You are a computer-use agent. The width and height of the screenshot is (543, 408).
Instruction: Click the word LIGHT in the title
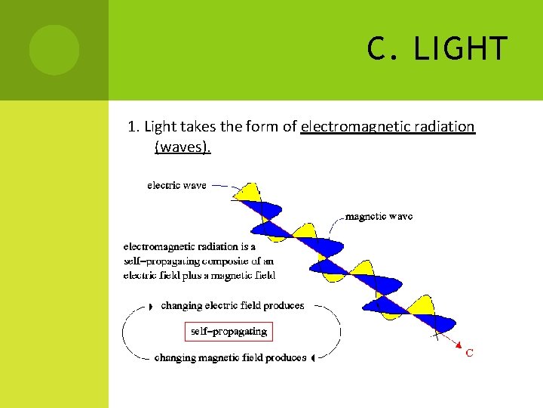click(461, 49)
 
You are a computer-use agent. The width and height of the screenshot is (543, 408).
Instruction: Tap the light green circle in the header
click(54, 50)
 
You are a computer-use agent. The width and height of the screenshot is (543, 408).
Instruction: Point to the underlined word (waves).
click(183, 147)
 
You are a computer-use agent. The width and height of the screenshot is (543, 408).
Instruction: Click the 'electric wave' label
click(176, 184)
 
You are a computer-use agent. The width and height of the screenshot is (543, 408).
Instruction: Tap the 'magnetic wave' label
click(379, 216)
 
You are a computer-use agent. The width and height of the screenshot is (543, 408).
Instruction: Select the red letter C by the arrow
click(469, 353)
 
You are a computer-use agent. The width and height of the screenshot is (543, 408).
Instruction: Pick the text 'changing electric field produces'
click(232, 306)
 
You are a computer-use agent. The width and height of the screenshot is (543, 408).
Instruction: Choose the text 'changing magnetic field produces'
click(230, 357)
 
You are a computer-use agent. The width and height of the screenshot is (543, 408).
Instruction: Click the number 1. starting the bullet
click(133, 127)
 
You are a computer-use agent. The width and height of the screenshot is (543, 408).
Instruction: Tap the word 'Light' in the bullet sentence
click(159, 127)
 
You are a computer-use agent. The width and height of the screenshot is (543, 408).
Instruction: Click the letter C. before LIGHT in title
click(381, 49)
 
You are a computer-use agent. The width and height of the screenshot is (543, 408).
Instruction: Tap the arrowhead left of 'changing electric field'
click(150, 306)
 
